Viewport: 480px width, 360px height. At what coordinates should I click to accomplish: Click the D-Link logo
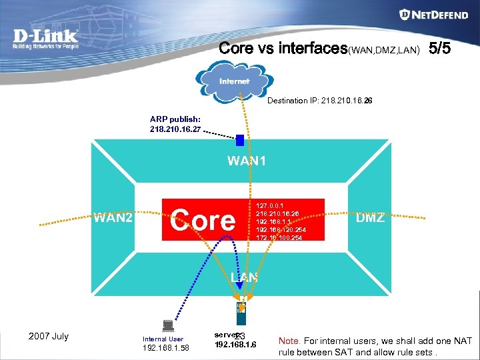(46, 39)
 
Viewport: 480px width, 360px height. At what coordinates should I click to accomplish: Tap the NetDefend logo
(433, 15)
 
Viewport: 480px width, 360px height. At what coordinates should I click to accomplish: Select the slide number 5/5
(443, 49)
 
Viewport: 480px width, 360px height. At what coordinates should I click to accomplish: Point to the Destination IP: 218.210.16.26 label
(319, 101)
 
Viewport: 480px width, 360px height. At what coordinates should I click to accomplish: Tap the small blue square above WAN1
(240, 140)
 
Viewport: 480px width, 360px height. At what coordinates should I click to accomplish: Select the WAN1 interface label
(247, 161)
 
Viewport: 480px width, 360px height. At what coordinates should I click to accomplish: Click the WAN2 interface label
(113, 218)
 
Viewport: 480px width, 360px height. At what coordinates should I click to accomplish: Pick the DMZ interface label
(370, 218)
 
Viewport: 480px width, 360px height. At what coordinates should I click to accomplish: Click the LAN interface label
(244, 276)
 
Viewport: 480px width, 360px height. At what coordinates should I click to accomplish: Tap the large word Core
(203, 220)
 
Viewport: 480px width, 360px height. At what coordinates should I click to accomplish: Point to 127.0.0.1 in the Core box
(271, 205)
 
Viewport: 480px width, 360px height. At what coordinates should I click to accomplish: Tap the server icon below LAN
(241, 310)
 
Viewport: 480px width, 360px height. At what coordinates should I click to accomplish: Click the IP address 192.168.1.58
(166, 347)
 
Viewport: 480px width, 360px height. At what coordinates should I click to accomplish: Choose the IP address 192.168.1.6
(235, 345)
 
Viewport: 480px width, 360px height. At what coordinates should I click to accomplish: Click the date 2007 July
(49, 336)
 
